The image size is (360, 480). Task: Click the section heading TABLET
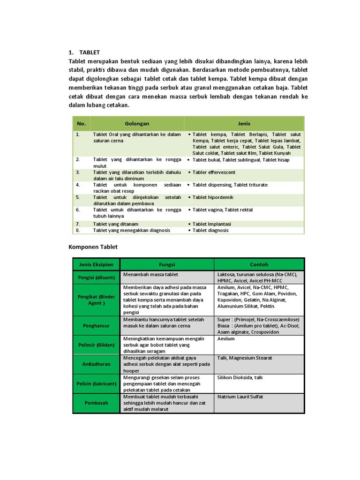point(90,52)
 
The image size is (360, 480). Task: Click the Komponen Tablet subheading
point(93,247)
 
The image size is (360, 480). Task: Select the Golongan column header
point(137,124)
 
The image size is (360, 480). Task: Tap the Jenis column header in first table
point(244,124)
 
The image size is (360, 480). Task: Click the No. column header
point(82,124)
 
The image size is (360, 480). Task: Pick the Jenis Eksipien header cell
point(96,264)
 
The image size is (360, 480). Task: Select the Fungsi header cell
point(167,264)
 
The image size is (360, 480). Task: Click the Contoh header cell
point(259,264)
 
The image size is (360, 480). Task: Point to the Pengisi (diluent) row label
point(96,277)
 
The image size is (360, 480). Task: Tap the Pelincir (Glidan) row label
point(96,345)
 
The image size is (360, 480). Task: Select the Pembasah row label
point(96,403)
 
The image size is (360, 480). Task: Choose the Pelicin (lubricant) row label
point(96,383)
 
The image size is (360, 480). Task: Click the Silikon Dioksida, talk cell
point(240,377)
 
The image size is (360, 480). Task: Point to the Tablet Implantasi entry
point(211,224)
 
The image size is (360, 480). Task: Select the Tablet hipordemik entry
point(213,198)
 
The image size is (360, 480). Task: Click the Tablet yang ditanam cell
point(116,224)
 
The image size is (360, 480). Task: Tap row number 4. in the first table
point(78,185)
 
